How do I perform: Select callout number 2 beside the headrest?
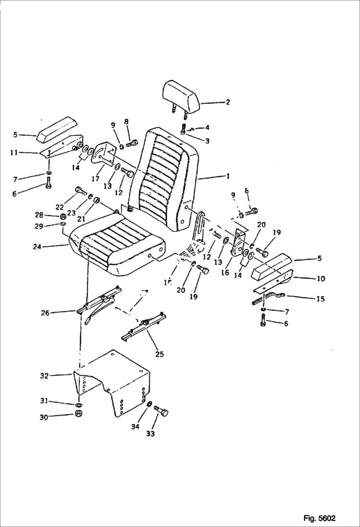[x=227, y=102]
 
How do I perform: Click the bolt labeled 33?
[x=162, y=412]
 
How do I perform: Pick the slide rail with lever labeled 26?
[x=99, y=305]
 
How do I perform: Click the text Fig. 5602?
[x=319, y=518]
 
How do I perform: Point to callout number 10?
[x=321, y=279]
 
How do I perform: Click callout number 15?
[x=320, y=299]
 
